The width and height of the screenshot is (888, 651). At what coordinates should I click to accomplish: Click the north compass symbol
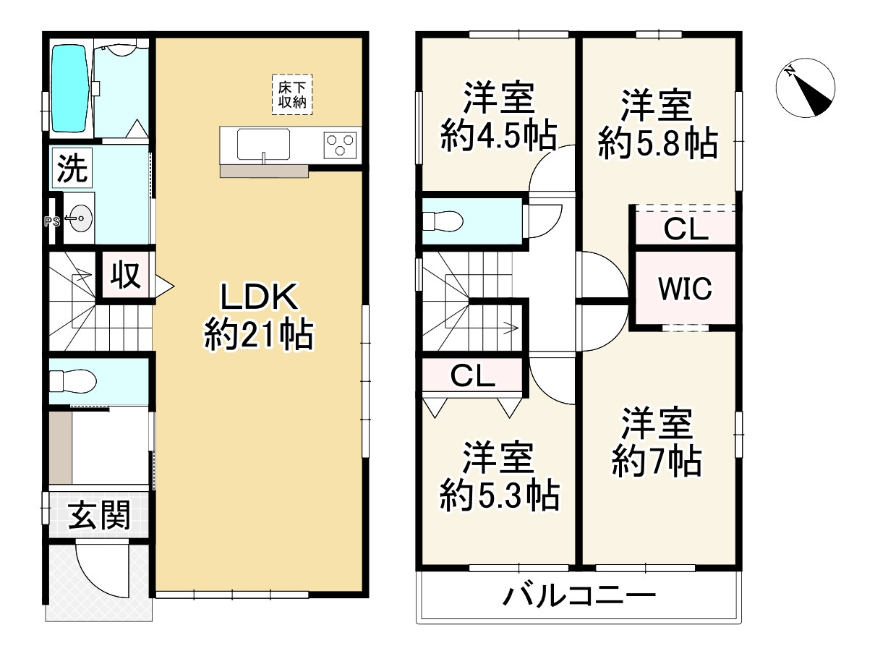[805, 91]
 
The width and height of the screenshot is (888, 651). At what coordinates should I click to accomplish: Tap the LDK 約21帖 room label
[258, 317]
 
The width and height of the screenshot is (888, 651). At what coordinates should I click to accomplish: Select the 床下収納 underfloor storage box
[292, 94]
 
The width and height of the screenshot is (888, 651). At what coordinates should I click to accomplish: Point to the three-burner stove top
[341, 145]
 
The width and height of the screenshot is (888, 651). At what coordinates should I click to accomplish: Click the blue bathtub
[69, 88]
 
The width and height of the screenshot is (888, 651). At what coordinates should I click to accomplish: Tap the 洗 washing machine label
[72, 169]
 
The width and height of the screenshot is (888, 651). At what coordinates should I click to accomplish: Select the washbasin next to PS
[79, 218]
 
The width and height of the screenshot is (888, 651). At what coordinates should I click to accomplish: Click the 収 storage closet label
[125, 275]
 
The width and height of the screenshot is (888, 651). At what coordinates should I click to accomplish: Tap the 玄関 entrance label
[99, 516]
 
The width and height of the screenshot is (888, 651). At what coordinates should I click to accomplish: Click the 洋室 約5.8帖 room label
[657, 124]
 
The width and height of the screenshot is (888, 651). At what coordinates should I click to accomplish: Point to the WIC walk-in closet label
[684, 289]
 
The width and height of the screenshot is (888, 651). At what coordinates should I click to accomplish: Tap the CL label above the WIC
[686, 230]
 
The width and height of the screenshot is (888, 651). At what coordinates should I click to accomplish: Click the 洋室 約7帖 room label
[657, 441]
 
